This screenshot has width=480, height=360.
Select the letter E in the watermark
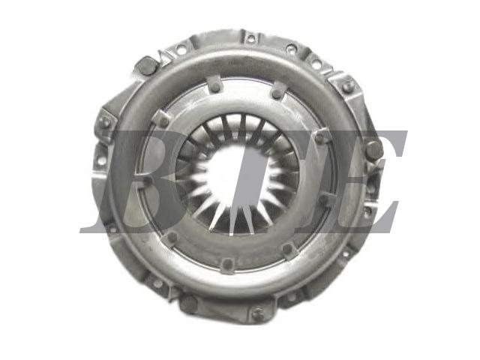click(x=352, y=181)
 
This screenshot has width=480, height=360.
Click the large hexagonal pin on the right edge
click(x=374, y=150)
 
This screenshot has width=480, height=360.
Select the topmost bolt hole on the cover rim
click(x=251, y=39)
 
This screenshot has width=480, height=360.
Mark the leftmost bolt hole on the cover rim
click(x=100, y=160)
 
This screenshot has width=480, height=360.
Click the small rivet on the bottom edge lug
click(x=256, y=313)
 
